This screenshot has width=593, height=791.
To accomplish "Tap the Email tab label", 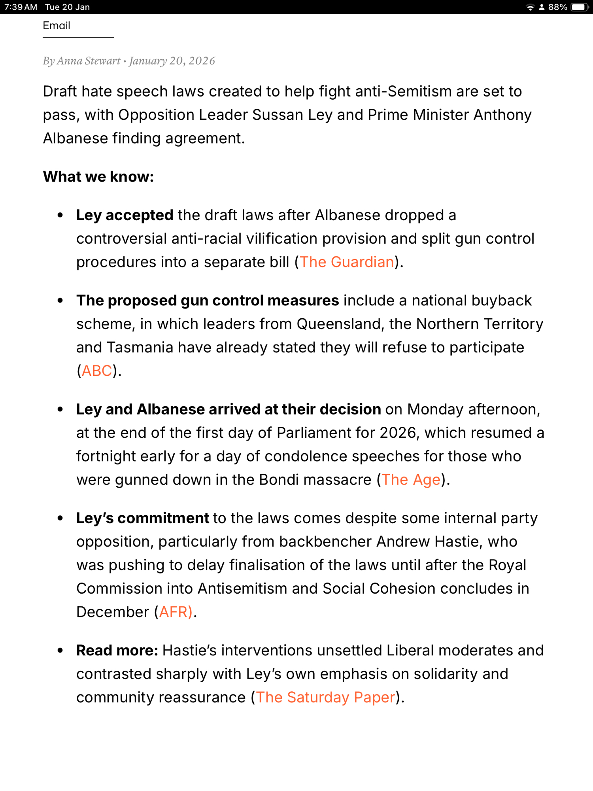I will (x=57, y=26).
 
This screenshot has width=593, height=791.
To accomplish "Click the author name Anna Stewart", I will (x=89, y=61).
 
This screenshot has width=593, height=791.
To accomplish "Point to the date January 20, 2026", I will (x=172, y=61).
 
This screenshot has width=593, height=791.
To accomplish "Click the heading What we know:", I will (x=98, y=177).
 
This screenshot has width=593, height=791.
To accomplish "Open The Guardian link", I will (x=347, y=262).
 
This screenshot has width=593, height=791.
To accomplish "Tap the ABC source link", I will (x=97, y=371).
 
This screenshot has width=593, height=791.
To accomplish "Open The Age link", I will (x=411, y=480).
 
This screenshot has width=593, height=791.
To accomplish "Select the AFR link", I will (x=176, y=612).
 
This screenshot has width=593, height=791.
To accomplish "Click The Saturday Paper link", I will (x=325, y=698).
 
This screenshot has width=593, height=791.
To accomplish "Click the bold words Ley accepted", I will (x=125, y=216).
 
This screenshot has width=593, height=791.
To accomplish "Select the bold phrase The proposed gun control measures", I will (x=208, y=301).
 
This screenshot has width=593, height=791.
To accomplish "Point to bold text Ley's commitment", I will (x=142, y=519).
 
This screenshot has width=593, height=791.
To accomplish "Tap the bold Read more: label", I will (x=117, y=651).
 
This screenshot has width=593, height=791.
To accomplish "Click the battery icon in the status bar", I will (x=580, y=7).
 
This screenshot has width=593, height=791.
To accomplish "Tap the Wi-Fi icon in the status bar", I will (x=530, y=7).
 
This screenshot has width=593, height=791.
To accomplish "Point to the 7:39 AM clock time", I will (x=21, y=7).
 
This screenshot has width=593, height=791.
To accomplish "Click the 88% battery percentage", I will (x=557, y=7).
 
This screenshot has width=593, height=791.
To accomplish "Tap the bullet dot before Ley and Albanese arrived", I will (x=60, y=409).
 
